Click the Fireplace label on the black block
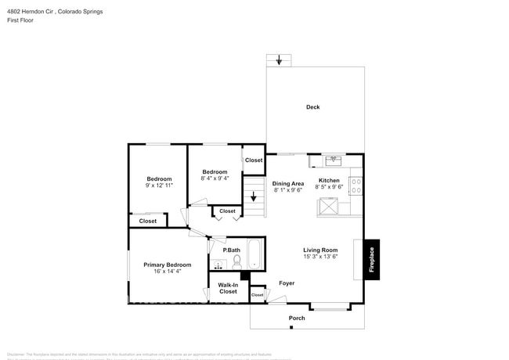pyautogui.click(x=372, y=259)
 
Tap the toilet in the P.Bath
pyautogui.click(x=236, y=261)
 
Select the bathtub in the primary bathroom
pyautogui.click(x=255, y=254)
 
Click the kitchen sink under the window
pyautogui.click(x=332, y=160)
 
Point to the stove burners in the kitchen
pyautogui.click(x=356, y=185)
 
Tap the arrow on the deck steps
pyautogui.click(x=279, y=60)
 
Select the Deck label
pyautogui.click(x=312, y=107)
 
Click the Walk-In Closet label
pyautogui.click(x=228, y=288)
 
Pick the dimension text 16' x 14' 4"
pyautogui.click(x=167, y=272)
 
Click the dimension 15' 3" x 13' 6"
pyautogui.click(x=320, y=257)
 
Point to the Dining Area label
pyautogui.click(x=287, y=183)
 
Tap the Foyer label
pyautogui.click(x=287, y=283)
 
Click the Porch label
pyautogui.click(x=297, y=318)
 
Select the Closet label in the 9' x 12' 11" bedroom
pyautogui.click(x=148, y=221)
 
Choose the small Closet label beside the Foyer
pyautogui.click(x=257, y=295)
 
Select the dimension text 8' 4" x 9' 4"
pyautogui.click(x=215, y=178)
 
